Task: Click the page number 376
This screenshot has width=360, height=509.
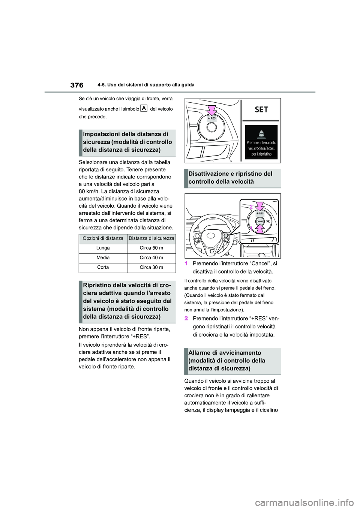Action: (76, 85)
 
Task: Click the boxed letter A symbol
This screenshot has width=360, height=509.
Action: (144, 108)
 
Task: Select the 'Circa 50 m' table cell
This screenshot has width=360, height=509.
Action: (151, 248)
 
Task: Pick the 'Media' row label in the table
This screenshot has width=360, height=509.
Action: (103, 258)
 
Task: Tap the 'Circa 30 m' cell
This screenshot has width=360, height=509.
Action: (151, 268)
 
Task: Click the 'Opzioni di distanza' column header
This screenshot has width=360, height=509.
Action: (103, 238)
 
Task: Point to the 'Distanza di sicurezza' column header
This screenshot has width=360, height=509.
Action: (151, 238)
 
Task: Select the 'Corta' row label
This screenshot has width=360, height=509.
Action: (103, 268)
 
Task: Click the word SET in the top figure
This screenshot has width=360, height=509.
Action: (261, 109)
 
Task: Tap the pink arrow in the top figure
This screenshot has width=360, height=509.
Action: (212, 110)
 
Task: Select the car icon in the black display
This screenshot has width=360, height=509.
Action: (261, 134)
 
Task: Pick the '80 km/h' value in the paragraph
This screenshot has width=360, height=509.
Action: (88, 191)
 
